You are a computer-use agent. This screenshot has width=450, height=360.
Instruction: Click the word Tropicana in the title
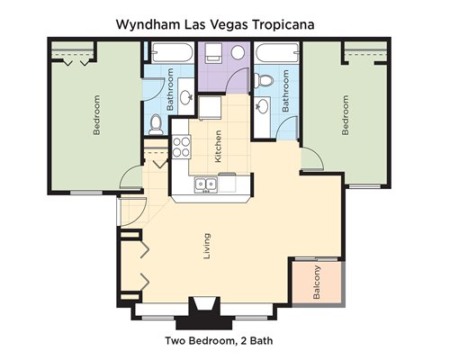pos(283,24)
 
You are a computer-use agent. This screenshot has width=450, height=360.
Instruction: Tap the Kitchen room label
pos(218,147)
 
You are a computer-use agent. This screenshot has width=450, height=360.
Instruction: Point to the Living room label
pos(207,246)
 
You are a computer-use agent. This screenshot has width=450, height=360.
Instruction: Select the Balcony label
pos(317,283)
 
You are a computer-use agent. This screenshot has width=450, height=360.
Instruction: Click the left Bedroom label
pos(96,115)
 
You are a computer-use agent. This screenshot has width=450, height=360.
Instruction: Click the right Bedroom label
pos(346,115)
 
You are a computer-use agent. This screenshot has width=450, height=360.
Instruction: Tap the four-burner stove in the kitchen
pos(182,147)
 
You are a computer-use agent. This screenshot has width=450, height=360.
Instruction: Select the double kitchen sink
pos(206,184)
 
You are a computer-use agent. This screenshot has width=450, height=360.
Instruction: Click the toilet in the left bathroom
pos(156,124)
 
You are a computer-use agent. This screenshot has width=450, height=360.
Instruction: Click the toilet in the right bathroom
pos(264,80)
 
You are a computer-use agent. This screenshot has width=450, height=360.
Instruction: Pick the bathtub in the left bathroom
pos(172,52)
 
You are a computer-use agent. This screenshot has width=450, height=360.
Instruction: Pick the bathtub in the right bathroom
pos(277,53)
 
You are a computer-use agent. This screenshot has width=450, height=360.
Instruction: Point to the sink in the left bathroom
pos(186,97)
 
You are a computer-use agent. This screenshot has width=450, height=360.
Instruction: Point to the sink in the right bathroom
pos(262,106)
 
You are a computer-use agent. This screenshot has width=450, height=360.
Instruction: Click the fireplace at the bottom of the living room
pos(204,313)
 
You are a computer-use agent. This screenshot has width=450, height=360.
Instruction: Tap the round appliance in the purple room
pos(238,52)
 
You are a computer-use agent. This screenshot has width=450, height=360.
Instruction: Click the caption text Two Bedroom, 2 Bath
pos(219,341)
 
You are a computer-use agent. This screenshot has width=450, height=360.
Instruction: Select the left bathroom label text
pos(170,89)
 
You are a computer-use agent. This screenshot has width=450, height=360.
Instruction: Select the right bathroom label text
pos(285,91)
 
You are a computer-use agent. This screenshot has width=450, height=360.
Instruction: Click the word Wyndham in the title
pos(148,25)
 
